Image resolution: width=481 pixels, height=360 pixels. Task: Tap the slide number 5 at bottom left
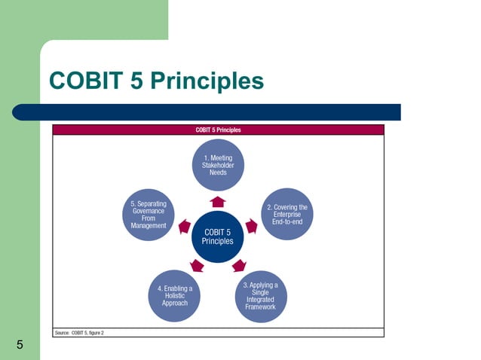click(x=20, y=346)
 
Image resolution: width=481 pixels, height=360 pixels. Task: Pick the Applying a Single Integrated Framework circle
click(x=261, y=296)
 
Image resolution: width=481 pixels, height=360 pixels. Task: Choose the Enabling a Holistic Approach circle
click(x=175, y=296)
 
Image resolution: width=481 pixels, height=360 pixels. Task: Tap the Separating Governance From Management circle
click(x=149, y=214)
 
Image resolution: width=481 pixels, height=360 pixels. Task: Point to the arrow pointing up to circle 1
click(x=218, y=201)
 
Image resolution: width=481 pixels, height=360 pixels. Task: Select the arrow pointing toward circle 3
click(x=239, y=265)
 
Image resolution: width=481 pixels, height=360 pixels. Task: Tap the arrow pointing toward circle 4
click(x=197, y=265)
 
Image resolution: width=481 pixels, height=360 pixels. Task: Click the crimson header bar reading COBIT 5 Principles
click(x=218, y=130)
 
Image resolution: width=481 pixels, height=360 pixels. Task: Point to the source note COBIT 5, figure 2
click(x=79, y=332)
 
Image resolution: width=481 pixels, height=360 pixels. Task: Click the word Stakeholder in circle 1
click(x=218, y=165)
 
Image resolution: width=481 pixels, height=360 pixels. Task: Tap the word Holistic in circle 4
click(x=175, y=296)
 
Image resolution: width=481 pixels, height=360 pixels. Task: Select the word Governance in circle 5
click(x=149, y=212)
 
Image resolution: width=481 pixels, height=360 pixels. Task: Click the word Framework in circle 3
click(x=261, y=307)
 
